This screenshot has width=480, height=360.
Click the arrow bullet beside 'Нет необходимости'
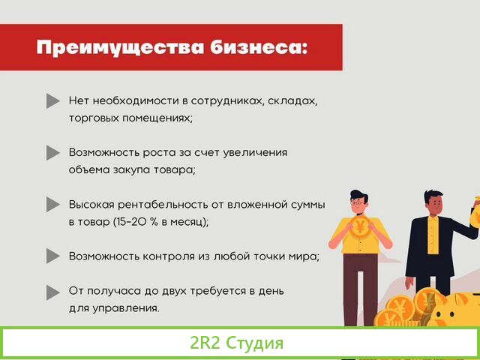[52, 100]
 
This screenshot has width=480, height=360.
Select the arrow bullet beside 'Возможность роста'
[52, 152]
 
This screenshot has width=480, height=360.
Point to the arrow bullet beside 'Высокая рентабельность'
[52, 204]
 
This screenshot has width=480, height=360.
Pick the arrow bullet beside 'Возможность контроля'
[52, 256]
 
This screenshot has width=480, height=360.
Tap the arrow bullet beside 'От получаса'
[52, 291]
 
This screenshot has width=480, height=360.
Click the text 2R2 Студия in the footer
[237, 343]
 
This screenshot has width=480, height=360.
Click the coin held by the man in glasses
[361, 226]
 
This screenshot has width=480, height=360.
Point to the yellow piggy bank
[457, 307]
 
